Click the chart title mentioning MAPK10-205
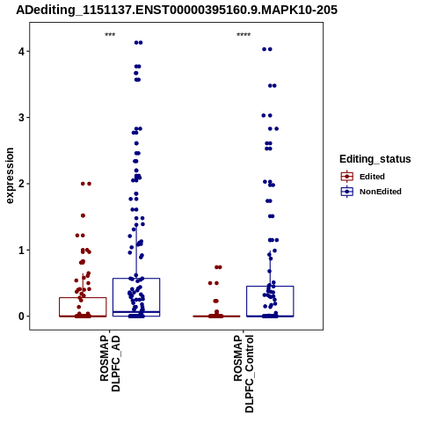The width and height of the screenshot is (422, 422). tap(177, 10)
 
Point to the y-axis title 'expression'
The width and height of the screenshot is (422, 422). tap(10, 176)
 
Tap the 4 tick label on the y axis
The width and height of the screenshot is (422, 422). tap(21, 52)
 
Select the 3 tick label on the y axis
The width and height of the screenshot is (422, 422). tap(21, 118)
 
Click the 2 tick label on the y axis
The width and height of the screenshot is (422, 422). tap(21, 184)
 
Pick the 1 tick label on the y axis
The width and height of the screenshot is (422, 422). tap(21, 250)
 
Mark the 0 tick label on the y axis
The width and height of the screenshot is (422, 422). tap(21, 316)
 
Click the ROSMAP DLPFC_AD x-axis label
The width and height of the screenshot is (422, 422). tap(110, 364)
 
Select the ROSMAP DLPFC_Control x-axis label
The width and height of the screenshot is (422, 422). tap(244, 374)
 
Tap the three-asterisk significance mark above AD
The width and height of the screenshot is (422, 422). tap(110, 35)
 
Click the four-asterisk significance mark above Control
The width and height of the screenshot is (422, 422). tap(244, 35)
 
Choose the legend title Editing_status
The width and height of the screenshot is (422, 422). tap(375, 159)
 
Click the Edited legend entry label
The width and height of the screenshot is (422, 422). tap(372, 177)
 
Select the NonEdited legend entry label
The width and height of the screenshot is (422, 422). tap(381, 192)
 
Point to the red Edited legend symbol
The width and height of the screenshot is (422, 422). tap(347, 177)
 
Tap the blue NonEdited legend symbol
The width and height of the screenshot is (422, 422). tap(347, 192)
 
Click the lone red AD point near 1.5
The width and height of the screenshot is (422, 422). tap(83, 215)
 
